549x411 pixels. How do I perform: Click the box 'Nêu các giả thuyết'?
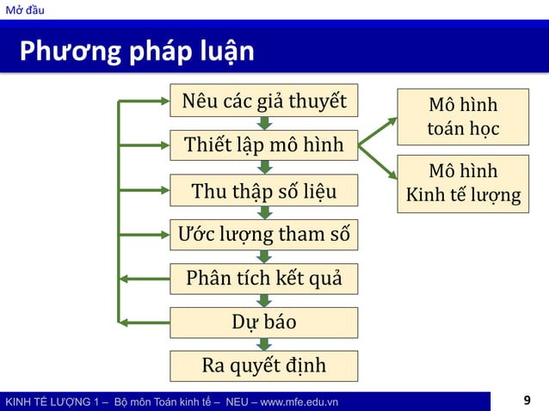point(264,101)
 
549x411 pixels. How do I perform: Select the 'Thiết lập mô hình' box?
point(264,145)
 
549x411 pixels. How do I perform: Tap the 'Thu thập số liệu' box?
point(264,190)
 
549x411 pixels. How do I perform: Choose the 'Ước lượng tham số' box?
point(264,234)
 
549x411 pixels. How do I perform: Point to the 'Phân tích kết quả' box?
point(264,279)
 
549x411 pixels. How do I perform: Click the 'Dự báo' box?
point(264,322)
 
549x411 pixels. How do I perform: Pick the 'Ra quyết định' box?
point(264,365)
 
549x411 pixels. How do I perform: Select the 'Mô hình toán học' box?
point(463,118)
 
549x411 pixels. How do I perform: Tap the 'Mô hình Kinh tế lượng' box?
point(463,182)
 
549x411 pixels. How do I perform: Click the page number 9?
point(527,401)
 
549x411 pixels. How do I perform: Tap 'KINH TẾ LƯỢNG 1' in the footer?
point(52,402)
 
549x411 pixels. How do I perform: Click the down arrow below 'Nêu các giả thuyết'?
point(264,124)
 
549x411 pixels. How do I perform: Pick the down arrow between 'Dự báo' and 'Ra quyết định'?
point(264,344)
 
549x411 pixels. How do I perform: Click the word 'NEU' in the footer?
point(237,402)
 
